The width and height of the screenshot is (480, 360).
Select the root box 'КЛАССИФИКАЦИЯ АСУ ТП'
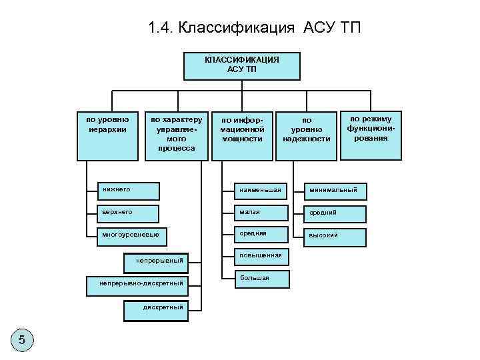pos(241,65)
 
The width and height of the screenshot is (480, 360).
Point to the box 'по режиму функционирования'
pos(371,133)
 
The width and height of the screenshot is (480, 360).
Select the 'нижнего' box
pos(127,190)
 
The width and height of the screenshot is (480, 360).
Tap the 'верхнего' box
pos(127,213)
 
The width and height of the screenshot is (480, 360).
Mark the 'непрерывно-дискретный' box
pos(141,284)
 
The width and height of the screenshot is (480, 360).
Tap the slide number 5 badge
pos(22,341)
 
